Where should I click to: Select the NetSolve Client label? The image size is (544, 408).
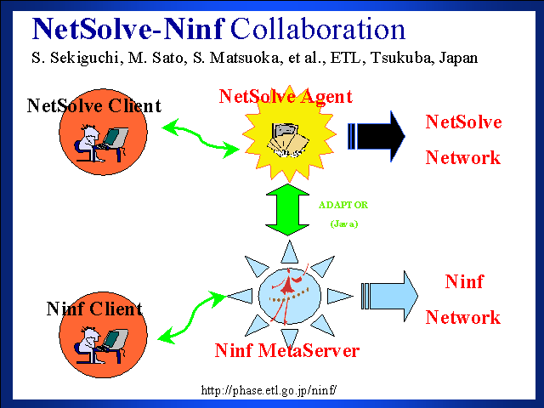click(93, 106)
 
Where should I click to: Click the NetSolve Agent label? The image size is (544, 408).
click(286, 96)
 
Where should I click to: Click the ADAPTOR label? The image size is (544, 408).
click(343, 205)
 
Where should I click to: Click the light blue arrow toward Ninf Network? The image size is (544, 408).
click(389, 295)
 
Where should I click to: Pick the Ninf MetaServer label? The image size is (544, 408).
click(287, 350)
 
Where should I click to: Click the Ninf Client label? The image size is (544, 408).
click(94, 309)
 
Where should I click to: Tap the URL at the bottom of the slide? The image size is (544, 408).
click(269, 391)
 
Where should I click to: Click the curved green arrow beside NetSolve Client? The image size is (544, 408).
click(201, 138)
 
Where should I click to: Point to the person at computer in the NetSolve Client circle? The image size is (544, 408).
click(101, 142)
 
